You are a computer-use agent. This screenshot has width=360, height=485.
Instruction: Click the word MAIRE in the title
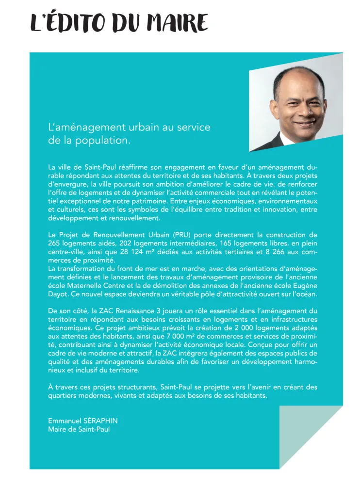178,23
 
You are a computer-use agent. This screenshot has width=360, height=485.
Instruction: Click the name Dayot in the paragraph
58,294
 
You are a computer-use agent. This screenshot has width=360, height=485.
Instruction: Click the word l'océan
303,294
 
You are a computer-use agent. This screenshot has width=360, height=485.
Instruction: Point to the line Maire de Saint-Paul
79,429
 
